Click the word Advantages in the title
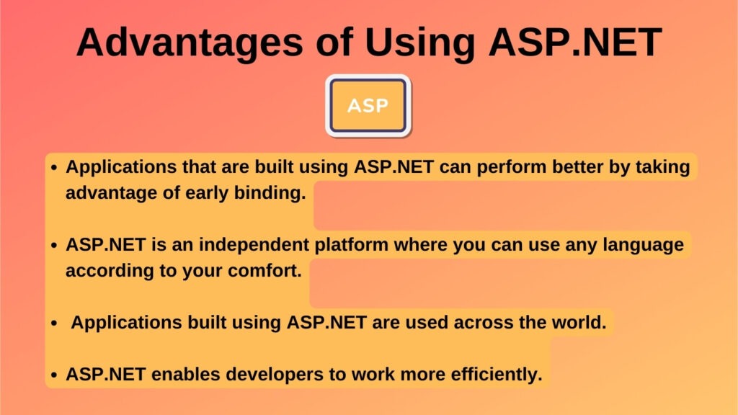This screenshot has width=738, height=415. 190,43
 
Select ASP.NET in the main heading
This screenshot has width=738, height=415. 575,43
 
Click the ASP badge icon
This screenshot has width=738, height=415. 368,106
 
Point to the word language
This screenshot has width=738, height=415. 644,245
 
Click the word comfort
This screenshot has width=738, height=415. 264,271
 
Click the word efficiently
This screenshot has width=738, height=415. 497,375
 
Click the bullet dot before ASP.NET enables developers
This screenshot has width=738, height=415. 54,375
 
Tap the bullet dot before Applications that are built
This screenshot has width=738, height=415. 54,167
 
